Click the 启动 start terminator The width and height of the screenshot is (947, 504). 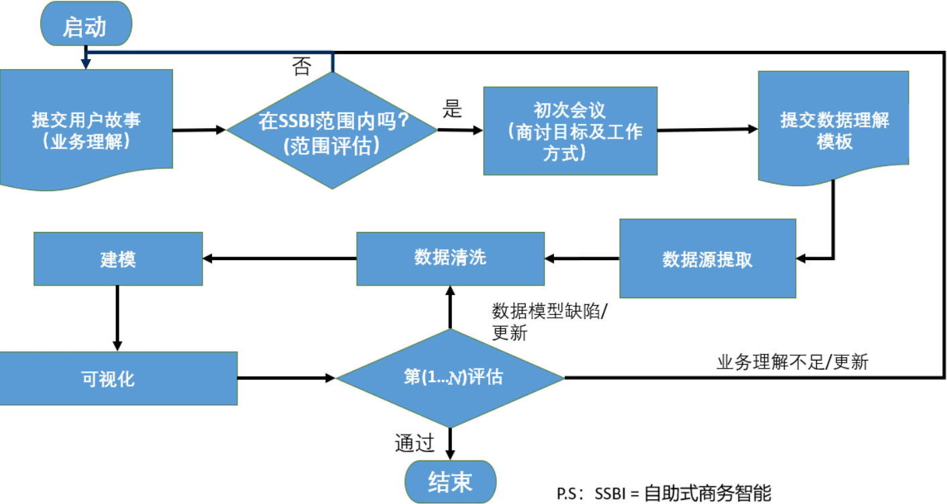pos(85,26)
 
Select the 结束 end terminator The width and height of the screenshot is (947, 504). pos(449,481)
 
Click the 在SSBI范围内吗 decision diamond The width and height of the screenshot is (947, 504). pos(332,130)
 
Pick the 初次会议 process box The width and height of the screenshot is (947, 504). pos(570,131)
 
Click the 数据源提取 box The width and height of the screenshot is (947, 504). pos(707,259)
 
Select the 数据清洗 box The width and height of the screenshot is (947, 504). pos(450,258)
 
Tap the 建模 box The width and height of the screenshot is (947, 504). pos(118,259)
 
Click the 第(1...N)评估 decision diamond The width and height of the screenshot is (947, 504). pos(449,378)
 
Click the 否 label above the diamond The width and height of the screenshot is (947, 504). pos(302,67)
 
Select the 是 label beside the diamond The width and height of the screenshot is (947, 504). pos(453,110)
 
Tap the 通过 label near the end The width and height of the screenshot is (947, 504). pos(414,443)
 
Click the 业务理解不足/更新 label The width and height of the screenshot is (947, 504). pos(792,363)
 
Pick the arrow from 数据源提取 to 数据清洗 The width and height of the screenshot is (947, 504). pos(581,257)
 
